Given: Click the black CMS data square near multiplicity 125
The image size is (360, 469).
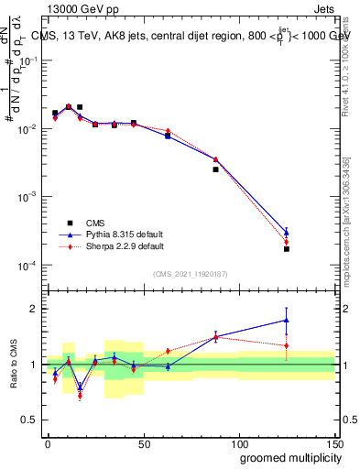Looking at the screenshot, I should point(286,249).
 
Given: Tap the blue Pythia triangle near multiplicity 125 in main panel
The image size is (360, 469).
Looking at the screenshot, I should point(286,232).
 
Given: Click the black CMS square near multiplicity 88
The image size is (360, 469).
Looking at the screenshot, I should point(216,169).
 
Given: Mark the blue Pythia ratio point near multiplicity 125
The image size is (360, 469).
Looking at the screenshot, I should point(286,320).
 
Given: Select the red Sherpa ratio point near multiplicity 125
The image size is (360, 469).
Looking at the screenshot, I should point(286,345).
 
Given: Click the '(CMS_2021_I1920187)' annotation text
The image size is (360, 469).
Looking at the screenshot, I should point(191,273).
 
